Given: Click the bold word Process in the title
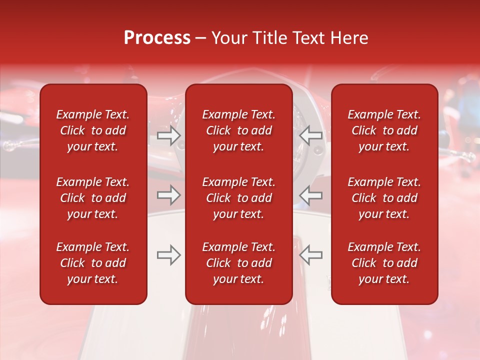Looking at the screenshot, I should pyautogui.click(x=157, y=38).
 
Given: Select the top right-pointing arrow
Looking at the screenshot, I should pyautogui.click(x=169, y=135).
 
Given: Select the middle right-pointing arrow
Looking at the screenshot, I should pyautogui.click(x=169, y=195).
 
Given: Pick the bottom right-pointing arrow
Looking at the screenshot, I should pyautogui.click(x=169, y=255).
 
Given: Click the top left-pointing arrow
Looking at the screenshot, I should pyautogui.click(x=310, y=135).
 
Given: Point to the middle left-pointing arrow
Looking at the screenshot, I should pyautogui.click(x=310, y=195).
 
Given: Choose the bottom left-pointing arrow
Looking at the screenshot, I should pyautogui.click(x=310, y=255).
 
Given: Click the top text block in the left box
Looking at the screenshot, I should pyautogui.click(x=93, y=130).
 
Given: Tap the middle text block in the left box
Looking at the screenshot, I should pyautogui.click(x=93, y=198).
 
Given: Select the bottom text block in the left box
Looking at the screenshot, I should pyautogui.click(x=93, y=263).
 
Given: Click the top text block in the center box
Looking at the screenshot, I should pyautogui.click(x=239, y=130).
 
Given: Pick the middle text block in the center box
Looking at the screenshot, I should pyautogui.click(x=239, y=198).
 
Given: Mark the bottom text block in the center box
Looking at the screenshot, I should pyautogui.click(x=239, y=263).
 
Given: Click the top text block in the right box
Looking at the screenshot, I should pyautogui.click(x=384, y=130).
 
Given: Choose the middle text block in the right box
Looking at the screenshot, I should pyautogui.click(x=384, y=198).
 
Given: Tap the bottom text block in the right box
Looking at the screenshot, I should pyautogui.click(x=384, y=263).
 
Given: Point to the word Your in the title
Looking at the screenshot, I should pyautogui.click(x=229, y=38).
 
